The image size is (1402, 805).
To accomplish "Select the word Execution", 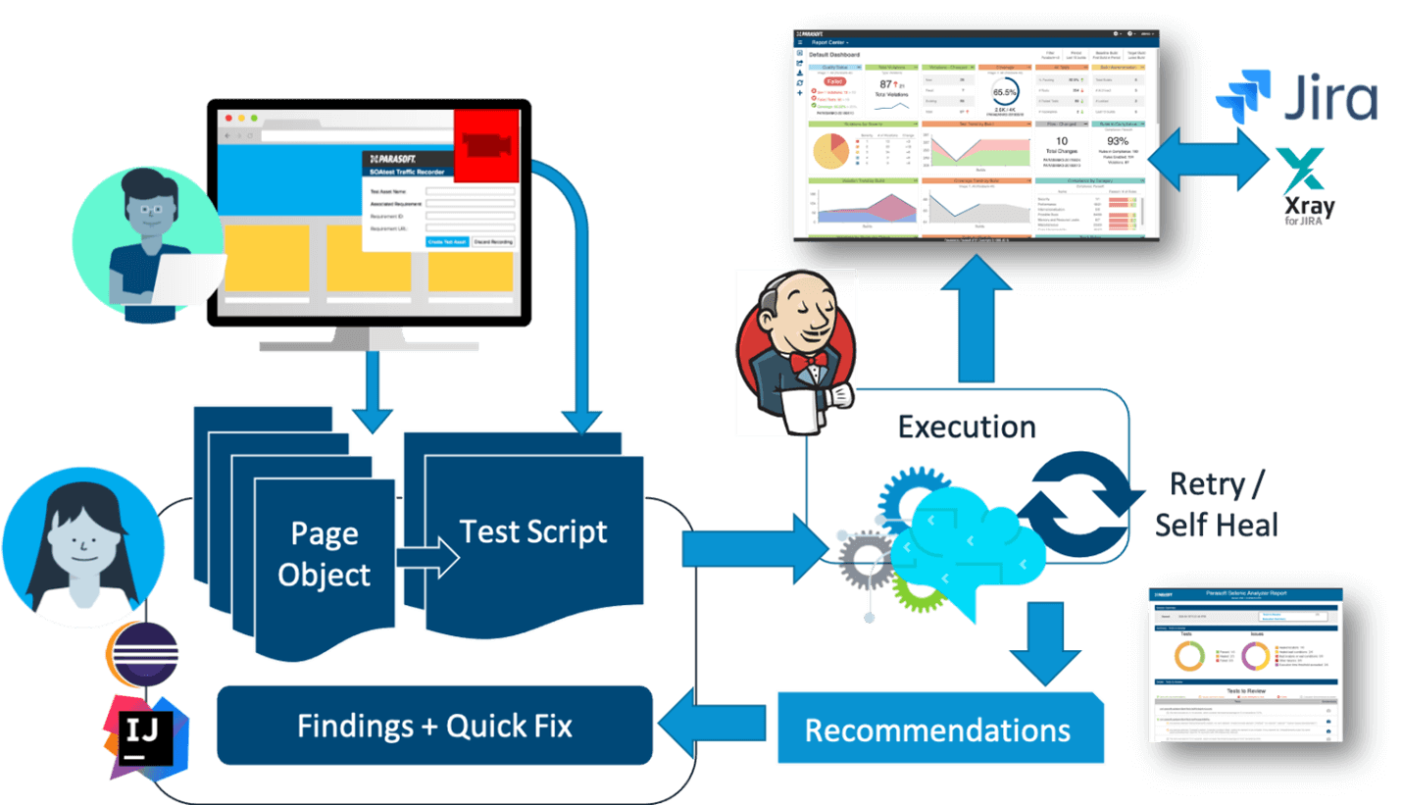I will tap(967, 427).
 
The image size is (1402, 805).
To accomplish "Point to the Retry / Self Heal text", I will tap(1217, 504).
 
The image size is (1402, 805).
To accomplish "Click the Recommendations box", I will tap(937, 730).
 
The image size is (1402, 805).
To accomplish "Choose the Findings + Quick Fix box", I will tap(434, 726).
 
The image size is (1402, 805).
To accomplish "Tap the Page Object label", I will tap(324, 554).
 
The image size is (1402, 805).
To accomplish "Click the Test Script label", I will tap(533, 531).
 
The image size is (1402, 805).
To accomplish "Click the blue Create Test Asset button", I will tap(446, 241).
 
